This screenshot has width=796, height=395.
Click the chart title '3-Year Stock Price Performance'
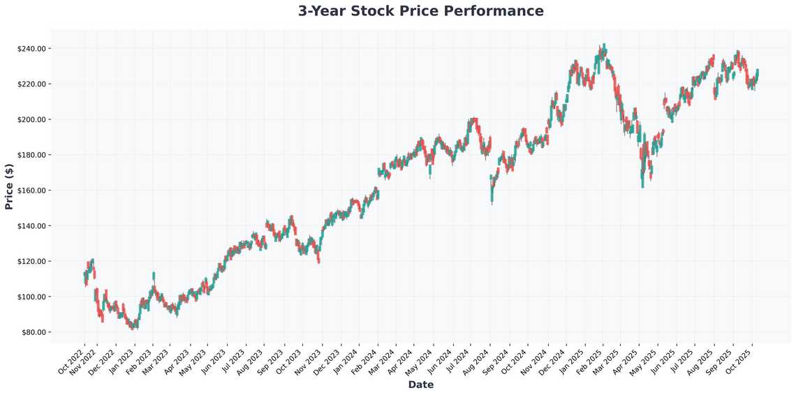coord(420,11)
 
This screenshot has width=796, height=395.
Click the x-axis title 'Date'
coord(420,385)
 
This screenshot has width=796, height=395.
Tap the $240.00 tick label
coord(31,49)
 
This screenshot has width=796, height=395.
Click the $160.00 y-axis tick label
coord(31,191)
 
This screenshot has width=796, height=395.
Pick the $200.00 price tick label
coord(31,119)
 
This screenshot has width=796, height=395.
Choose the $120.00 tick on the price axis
coord(31,262)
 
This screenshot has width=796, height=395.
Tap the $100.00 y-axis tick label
coord(31,297)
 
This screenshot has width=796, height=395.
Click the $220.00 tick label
coord(31,84)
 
